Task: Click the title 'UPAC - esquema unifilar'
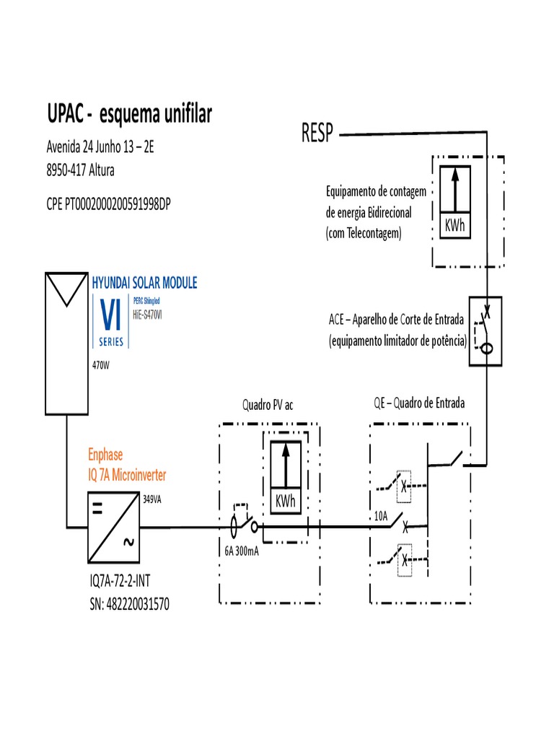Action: tap(129, 114)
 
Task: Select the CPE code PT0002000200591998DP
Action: tap(108, 204)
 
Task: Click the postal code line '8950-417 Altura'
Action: tap(80, 171)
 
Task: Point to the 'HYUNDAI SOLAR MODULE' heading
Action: tap(144, 282)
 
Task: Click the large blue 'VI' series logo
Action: tap(110, 315)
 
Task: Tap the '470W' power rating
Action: tap(100, 365)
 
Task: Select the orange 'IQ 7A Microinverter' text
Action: tap(128, 474)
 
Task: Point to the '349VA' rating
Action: tap(153, 499)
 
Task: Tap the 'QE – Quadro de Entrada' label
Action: tap(418, 403)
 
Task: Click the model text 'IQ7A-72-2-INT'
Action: tap(123, 581)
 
